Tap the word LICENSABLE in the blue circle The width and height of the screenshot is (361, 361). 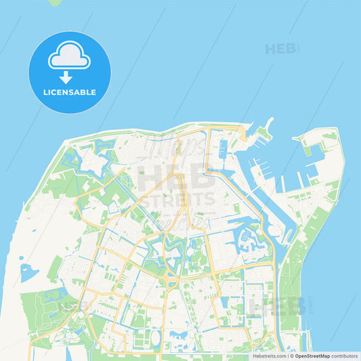point(69,92)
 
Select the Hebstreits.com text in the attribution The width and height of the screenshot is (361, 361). point(269,355)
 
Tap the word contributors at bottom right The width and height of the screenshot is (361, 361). point(345,355)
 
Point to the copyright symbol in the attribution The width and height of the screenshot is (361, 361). point(292,355)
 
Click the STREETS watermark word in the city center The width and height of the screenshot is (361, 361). point(177,200)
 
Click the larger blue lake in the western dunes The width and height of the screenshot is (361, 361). point(28,274)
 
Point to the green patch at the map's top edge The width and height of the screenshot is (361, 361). point(54,2)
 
